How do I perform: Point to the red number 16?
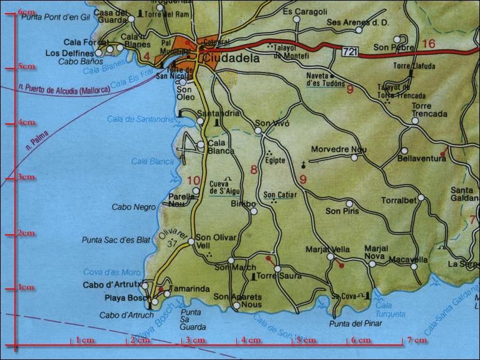(428, 43)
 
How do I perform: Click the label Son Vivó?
(273, 123)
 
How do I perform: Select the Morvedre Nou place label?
(342, 149)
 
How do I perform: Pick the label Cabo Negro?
(133, 207)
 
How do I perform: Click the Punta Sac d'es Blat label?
(117, 240)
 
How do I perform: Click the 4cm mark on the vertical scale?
(26, 123)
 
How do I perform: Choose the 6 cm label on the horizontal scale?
(362, 341)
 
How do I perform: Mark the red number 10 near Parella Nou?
(194, 181)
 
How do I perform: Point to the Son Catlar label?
(280, 195)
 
